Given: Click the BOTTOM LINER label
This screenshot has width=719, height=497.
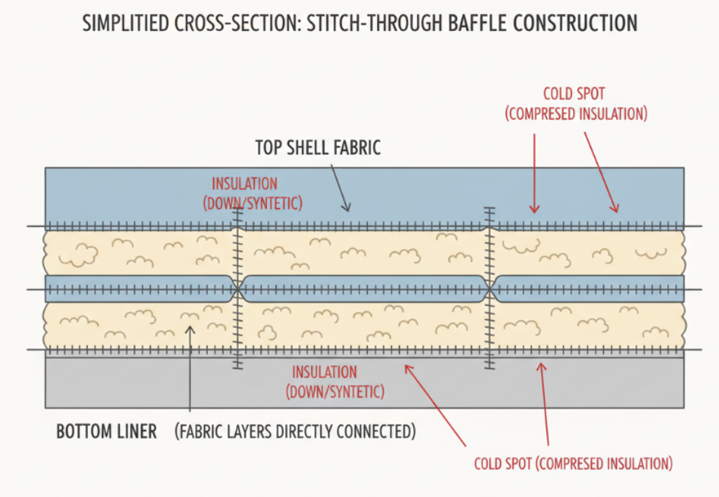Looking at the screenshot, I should point(106,431).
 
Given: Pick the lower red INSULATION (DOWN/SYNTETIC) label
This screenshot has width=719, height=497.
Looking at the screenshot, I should point(334,382).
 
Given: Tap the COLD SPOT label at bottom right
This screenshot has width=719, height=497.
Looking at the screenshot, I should point(572,463).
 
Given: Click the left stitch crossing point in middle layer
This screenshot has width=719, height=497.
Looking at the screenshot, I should point(237,289).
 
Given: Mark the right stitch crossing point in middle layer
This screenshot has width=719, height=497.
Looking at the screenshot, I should point(490,289).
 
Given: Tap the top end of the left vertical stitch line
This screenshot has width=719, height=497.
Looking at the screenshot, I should point(237,209).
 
